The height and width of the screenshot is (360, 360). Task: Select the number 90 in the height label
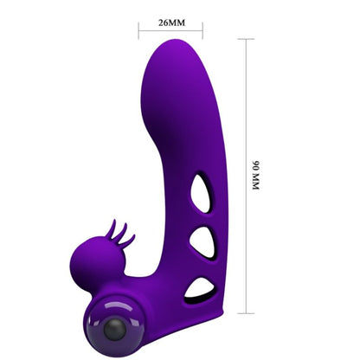[256, 161]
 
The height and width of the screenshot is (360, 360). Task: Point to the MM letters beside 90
[256, 180]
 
